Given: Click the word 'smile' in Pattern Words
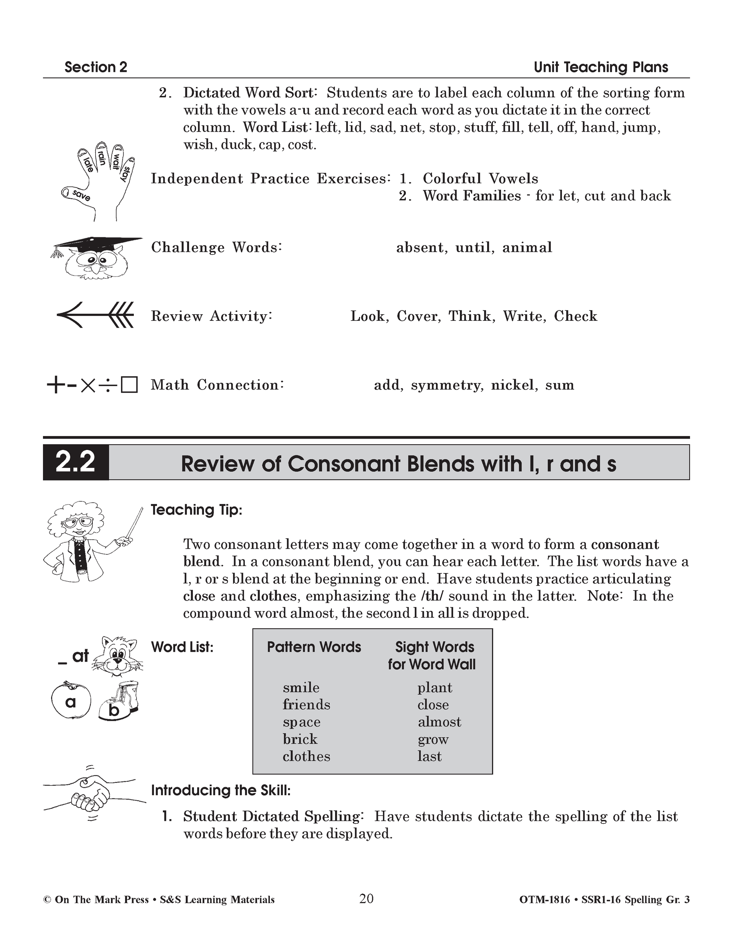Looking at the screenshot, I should [301, 687].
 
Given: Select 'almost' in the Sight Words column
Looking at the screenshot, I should [439, 722].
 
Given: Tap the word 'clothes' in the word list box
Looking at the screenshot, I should [306, 757].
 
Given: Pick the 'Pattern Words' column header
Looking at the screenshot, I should [314, 647].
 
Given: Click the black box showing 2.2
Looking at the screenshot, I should [76, 462].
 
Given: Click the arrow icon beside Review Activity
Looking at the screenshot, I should [95, 314].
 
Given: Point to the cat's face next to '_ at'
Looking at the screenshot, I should [116, 654].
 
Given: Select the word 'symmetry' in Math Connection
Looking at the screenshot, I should [446, 385].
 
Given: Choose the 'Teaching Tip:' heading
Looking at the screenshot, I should [196, 510].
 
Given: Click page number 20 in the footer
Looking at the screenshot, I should [366, 899].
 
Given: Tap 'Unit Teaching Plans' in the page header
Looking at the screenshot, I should [601, 67].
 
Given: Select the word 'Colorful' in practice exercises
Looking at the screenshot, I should [452, 179].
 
